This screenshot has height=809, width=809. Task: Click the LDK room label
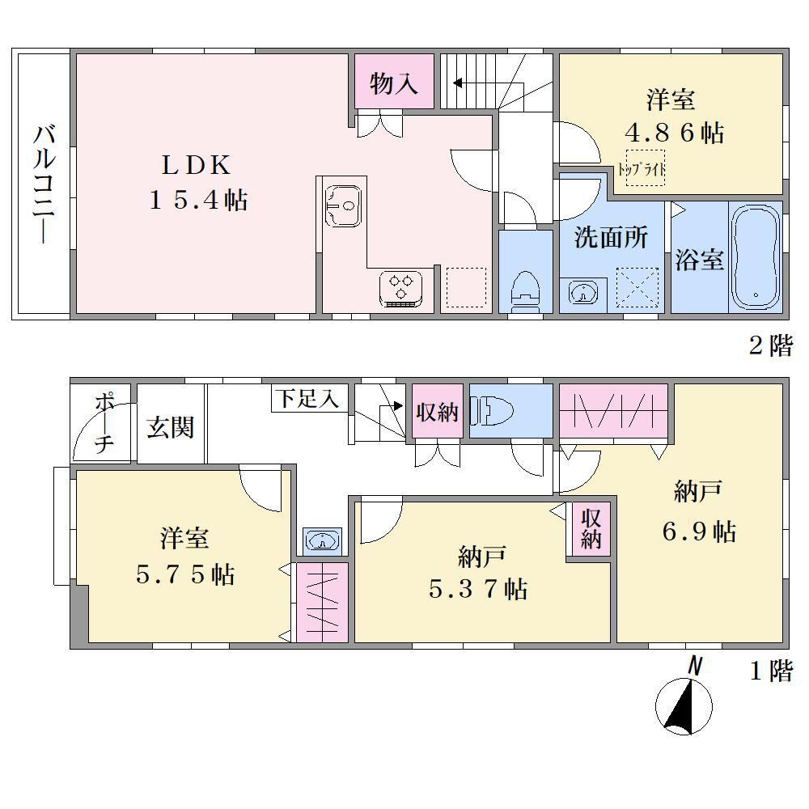(196, 165)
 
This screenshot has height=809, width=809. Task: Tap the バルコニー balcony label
(44, 184)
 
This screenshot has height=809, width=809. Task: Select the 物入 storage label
(394, 83)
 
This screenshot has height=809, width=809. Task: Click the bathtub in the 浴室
(756, 257)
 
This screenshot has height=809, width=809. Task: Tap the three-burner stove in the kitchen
(401, 289)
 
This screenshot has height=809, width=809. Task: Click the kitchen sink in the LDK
(343, 205)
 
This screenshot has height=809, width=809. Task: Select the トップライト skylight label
(642, 169)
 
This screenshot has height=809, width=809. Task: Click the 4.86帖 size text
(675, 133)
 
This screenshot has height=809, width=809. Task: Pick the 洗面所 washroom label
(611, 237)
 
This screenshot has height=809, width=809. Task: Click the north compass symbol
(684, 698)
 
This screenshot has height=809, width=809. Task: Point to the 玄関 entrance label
(170, 428)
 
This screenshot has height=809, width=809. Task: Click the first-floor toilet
(492, 411)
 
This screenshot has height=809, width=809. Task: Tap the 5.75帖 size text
(185, 574)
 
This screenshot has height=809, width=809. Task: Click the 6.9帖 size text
(699, 531)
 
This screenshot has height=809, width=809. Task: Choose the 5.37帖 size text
(478, 589)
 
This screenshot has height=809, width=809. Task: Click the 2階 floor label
(771, 345)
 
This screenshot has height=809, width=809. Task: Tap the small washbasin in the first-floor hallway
(323, 540)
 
